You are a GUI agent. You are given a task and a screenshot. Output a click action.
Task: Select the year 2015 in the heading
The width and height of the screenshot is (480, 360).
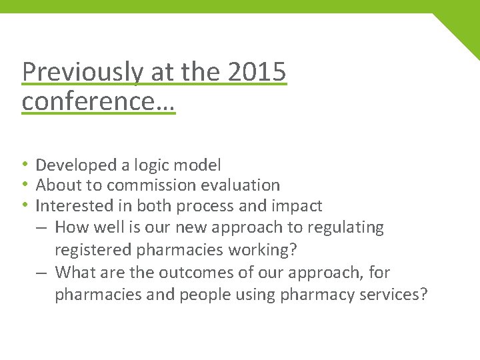[x=257, y=72]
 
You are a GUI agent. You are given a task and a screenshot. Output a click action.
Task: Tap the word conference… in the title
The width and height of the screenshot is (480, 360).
[x=98, y=101]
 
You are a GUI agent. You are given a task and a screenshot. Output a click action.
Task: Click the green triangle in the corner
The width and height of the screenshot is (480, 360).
[x=463, y=31]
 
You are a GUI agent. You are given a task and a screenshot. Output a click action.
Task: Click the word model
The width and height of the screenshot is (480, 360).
[x=200, y=165]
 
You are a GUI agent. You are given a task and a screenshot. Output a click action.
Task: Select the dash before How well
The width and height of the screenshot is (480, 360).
[x=42, y=227]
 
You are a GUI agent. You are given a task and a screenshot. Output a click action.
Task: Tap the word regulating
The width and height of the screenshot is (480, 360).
[x=345, y=227]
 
